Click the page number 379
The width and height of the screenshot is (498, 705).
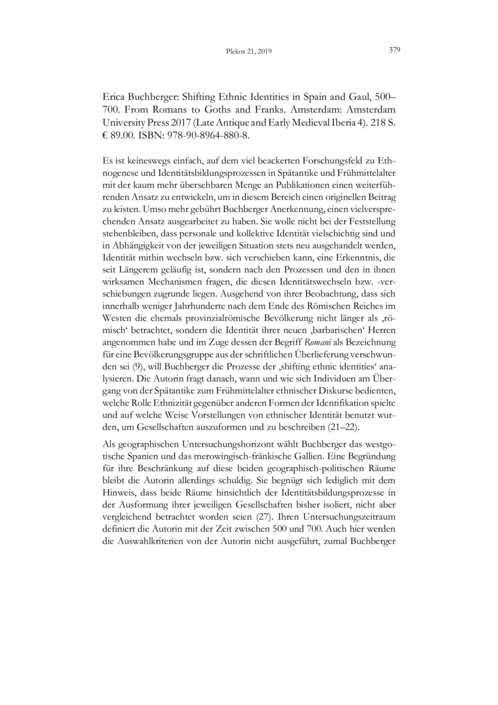393,50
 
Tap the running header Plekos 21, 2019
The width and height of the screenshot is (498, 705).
249,52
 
